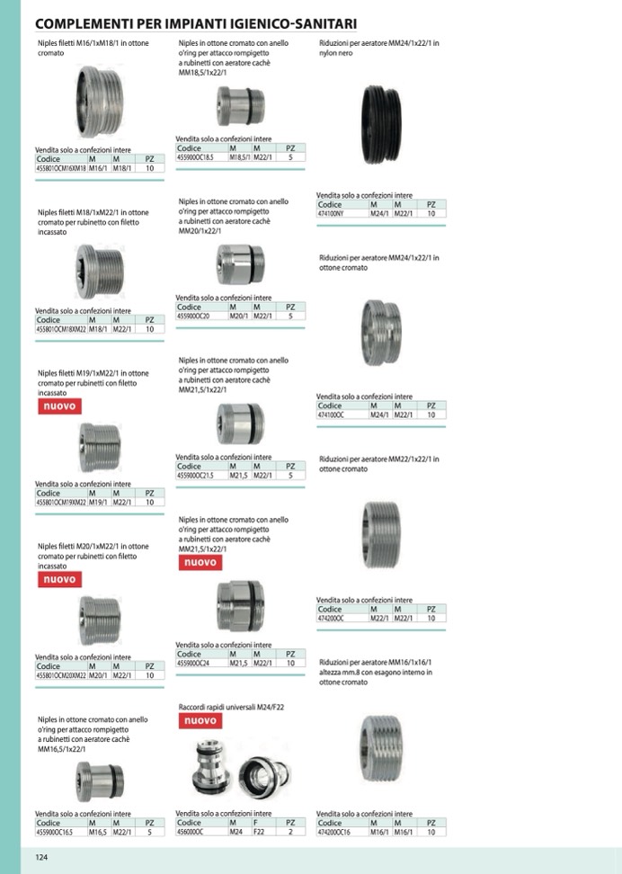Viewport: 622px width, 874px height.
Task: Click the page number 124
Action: [41, 858]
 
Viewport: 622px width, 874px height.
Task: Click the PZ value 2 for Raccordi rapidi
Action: [290, 833]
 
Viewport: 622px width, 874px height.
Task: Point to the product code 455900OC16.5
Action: [57, 833]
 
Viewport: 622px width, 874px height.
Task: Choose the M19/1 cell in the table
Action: [98, 503]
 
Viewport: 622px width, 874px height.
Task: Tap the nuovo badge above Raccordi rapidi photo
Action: [200, 721]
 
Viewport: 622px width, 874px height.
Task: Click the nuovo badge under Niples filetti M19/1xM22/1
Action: [59, 406]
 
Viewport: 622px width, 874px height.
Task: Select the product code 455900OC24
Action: [197, 663]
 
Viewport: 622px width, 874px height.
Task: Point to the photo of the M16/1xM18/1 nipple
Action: [98, 101]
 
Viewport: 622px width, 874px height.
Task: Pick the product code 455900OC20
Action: [195, 317]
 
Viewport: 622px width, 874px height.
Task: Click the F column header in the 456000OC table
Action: [256, 823]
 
